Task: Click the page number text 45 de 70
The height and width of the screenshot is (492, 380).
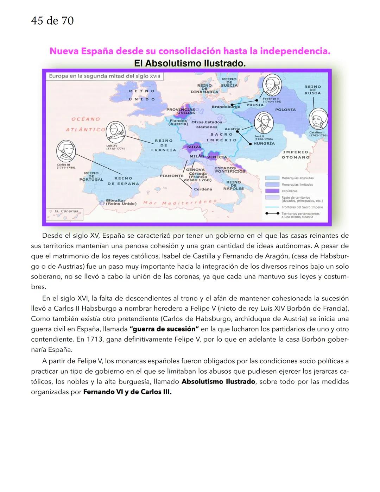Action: tap(52, 21)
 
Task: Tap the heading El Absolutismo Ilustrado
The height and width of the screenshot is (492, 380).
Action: tap(190, 64)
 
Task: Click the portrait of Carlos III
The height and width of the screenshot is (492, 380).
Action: tap(66, 151)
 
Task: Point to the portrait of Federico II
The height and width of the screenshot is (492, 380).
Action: tap(273, 85)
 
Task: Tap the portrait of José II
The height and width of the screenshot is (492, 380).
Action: tap(264, 123)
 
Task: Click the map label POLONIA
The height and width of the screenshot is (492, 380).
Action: tap(285, 110)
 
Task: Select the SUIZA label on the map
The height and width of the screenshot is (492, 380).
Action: tap(194, 147)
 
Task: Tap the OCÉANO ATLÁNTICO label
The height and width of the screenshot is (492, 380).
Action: tap(85, 124)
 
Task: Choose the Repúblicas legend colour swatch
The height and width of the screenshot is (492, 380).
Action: tap(272, 191)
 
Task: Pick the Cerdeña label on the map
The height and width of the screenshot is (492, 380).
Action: tap(203, 189)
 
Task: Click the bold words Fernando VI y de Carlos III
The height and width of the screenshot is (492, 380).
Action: tap(127, 392)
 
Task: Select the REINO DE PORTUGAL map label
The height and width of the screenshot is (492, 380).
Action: tap(91, 176)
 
